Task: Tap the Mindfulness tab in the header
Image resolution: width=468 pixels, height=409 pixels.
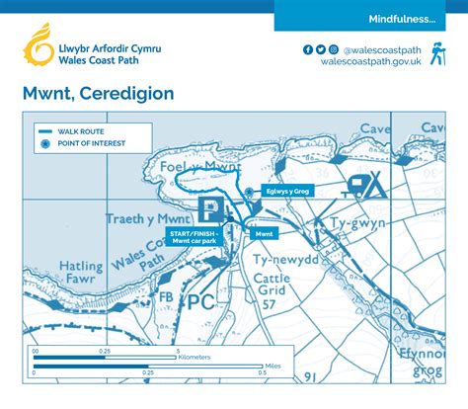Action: click(402, 19)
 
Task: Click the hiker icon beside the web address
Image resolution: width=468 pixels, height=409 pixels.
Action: click(436, 54)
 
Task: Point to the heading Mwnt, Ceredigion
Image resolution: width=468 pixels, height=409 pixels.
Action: click(99, 94)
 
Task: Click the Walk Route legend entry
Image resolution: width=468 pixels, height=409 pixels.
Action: click(78, 130)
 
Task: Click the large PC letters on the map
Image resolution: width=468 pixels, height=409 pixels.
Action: click(201, 301)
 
